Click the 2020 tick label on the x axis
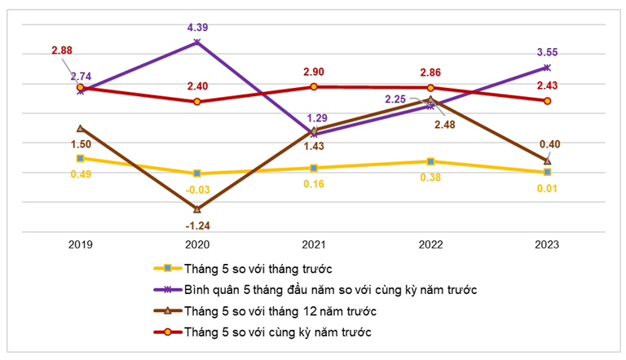196,244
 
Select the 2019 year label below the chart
80,244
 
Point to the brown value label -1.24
196,226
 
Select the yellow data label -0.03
196,189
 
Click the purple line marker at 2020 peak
196,42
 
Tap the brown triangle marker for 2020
196,209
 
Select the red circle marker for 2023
547,101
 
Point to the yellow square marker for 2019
80,158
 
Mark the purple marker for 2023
547,68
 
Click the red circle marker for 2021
314,86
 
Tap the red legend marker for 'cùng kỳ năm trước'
168,332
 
